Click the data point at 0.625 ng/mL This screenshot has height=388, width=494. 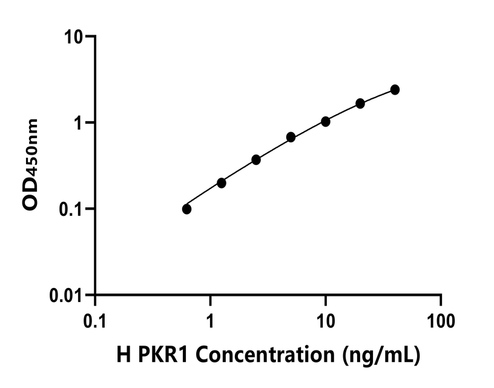pos(186,209)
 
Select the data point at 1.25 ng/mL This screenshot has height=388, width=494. pos(222,183)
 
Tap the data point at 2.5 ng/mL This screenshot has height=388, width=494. pos(256,159)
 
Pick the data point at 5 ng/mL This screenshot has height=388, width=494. pos(291,137)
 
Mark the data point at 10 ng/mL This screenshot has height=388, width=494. pos(326,121)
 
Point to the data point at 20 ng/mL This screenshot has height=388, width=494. pos(360,103)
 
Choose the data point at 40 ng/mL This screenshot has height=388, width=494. pos(395,90)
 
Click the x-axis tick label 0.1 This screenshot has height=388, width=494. pos(95,319)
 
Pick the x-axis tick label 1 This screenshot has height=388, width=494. pos(210,319)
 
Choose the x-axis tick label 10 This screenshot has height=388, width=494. pos(326,319)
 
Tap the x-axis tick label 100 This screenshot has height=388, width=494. pos(441,319)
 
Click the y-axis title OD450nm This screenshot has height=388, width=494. pos(30,165)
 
